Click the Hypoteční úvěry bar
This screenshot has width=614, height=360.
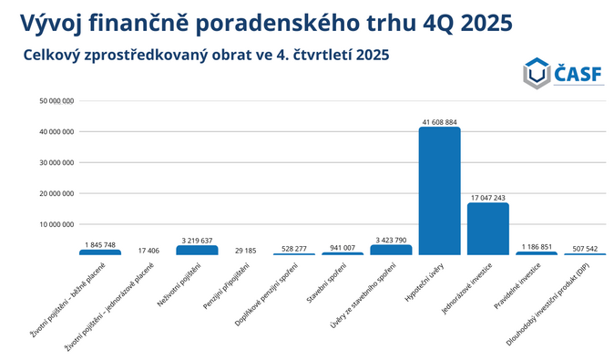439,190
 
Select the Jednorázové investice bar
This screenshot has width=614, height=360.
487,228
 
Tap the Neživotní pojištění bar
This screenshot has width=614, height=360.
197,250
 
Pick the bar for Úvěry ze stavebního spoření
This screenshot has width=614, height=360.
391,249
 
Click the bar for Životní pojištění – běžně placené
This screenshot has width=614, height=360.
99,252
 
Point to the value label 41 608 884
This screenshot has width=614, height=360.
439,121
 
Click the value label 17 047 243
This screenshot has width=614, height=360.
487,197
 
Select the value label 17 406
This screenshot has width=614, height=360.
148,249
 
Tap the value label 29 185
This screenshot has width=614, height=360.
245,249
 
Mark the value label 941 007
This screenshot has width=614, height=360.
343,247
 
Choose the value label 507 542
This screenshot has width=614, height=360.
585,247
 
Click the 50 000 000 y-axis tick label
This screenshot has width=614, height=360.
56,101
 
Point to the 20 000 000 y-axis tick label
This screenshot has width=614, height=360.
56,193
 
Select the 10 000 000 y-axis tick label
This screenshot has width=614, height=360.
56,224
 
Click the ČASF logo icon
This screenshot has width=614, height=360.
536,73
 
